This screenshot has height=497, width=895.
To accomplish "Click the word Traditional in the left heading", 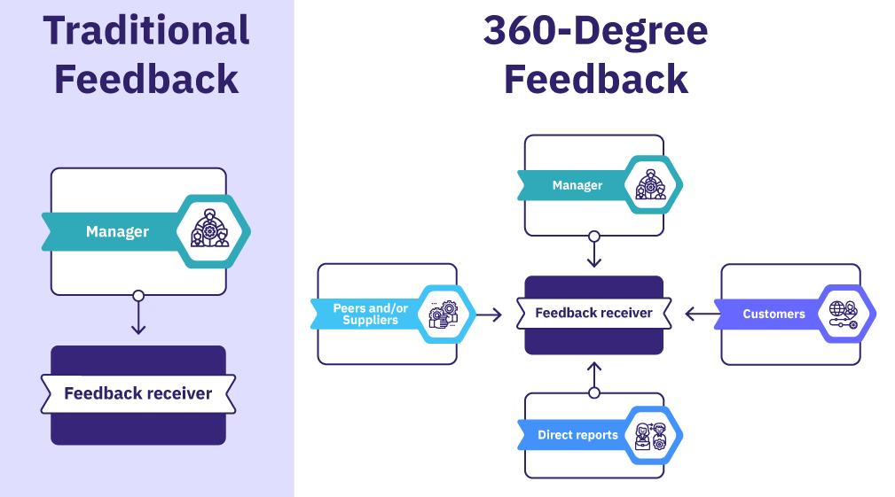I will point(146,31).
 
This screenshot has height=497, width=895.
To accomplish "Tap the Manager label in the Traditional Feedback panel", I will point(117,232).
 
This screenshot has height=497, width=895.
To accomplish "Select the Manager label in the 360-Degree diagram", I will point(577,185).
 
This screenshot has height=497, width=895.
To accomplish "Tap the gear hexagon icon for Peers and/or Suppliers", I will point(444,314).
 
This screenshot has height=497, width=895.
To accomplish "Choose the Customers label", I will point(773,314).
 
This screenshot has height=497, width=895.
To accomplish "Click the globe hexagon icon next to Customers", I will point(843,314).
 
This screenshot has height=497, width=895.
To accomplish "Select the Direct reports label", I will point(577,435).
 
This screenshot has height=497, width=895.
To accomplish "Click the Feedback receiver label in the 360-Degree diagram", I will point(593,313).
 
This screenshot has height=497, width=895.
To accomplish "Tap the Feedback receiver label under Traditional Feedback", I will point(138,393).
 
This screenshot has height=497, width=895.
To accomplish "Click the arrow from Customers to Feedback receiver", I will point(700,313).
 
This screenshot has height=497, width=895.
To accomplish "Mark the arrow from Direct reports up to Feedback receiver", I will point(594,374).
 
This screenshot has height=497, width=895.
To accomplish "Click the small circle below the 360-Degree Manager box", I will point(594,237).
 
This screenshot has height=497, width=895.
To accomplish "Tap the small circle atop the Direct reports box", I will point(594,392).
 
